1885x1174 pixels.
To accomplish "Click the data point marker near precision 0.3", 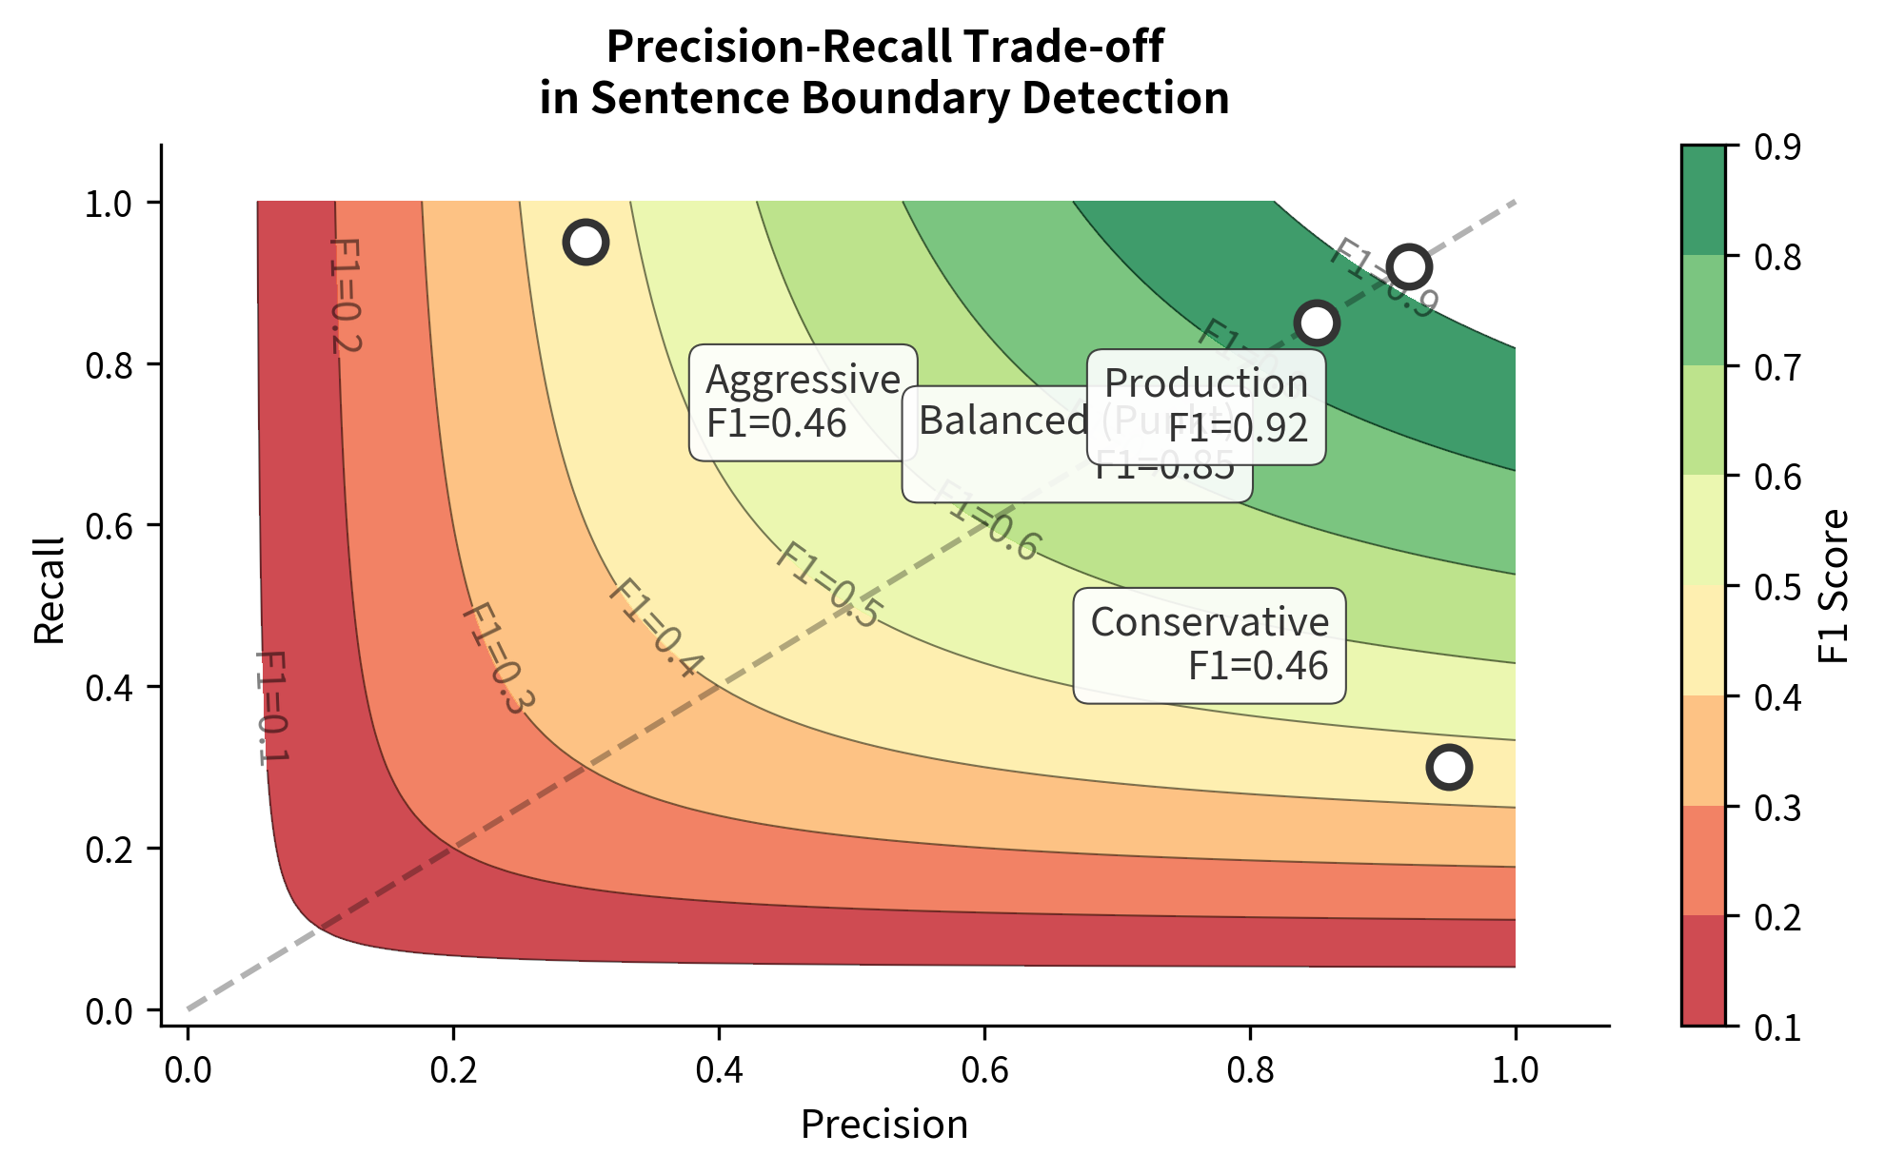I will tap(585, 242).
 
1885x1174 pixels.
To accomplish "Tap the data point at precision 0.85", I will tap(1317, 323).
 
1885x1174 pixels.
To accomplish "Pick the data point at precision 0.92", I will tap(1409, 266).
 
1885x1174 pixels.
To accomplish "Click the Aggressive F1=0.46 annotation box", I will tap(803, 402).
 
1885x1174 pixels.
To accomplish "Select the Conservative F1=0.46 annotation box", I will tap(1209, 645).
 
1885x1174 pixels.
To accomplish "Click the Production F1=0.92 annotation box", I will tap(1206, 406).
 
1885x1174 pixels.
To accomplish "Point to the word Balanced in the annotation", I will tap(1003, 421).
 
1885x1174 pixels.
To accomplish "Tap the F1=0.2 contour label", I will tap(345, 296).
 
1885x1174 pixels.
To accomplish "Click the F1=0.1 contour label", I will tap(271, 707).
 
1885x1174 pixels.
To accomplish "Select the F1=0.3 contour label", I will tap(498, 658).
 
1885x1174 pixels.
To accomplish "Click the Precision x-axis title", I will tap(883, 1125).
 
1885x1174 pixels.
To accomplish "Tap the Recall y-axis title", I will tap(50, 591).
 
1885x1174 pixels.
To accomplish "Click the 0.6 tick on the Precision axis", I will tap(984, 1069).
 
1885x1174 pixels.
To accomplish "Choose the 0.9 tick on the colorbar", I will tap(1776, 147).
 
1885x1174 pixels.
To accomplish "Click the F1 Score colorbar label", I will tap(1833, 586).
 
